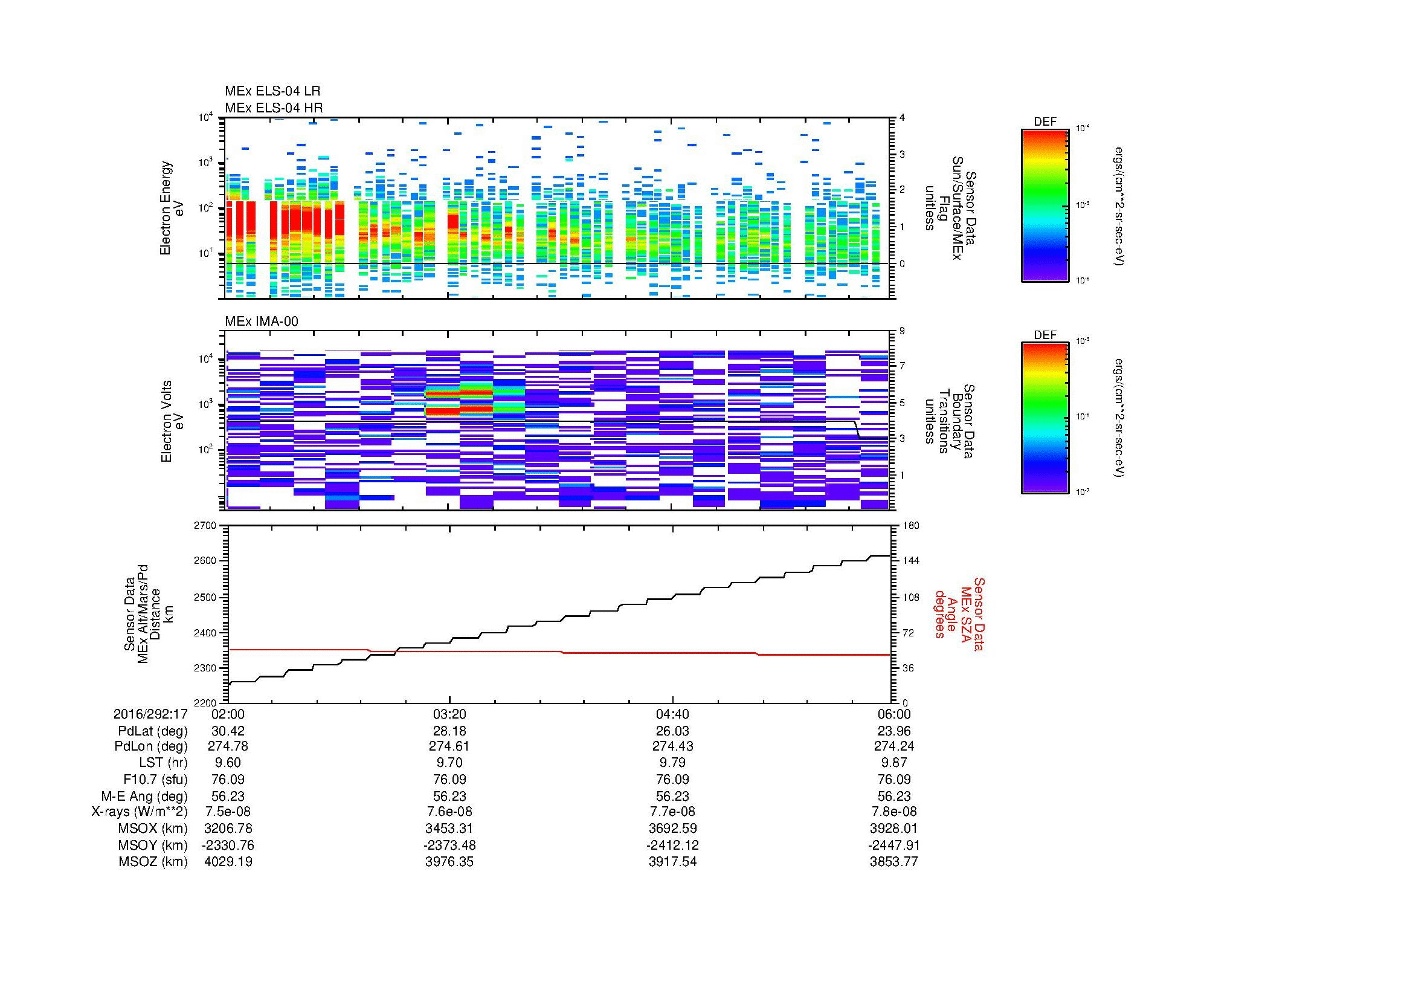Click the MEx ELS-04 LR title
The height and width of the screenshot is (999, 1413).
pos(272,91)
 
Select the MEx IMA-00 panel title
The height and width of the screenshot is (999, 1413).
pos(261,322)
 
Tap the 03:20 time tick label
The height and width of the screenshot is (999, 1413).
pos(450,714)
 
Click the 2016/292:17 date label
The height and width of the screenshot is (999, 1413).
pos(150,714)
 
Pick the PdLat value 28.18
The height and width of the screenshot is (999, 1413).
pos(450,731)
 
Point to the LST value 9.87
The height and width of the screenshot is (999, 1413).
pos(893,762)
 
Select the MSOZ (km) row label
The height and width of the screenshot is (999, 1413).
pos(153,862)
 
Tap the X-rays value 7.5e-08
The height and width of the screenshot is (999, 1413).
pos(228,812)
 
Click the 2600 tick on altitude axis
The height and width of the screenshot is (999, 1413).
pos(207,561)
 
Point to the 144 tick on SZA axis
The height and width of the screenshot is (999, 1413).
pos(912,561)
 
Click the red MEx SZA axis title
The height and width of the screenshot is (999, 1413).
pos(959,613)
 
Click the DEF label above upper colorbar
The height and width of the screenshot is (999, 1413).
pos(1044,122)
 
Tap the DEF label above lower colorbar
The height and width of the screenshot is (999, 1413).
pos(1044,335)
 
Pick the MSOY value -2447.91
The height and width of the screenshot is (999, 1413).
pos(893,845)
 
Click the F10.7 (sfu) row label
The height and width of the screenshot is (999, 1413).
pos(155,778)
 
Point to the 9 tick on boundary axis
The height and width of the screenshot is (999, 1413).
pos(901,331)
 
